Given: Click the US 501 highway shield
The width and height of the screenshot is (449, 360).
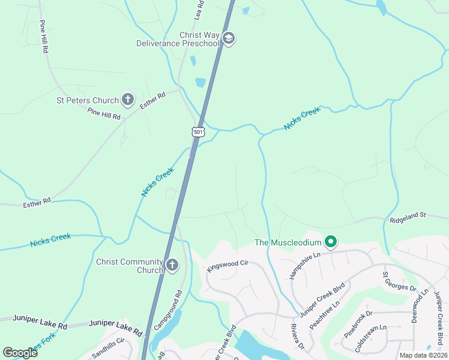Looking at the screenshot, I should (x=199, y=131).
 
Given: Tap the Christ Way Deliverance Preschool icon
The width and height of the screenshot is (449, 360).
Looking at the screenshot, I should (x=228, y=39).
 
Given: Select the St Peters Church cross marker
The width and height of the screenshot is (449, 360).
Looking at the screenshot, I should (x=127, y=99).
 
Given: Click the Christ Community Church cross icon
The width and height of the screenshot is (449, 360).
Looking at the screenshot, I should (x=172, y=265).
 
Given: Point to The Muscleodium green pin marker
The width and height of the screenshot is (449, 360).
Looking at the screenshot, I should (x=330, y=242).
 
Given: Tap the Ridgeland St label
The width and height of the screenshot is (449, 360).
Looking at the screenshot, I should (x=407, y=214).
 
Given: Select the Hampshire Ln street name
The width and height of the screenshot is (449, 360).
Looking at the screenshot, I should (x=305, y=263).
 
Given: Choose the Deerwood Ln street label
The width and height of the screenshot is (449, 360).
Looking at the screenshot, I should (x=419, y=305).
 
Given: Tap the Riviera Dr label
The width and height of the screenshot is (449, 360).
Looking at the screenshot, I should (x=298, y=337).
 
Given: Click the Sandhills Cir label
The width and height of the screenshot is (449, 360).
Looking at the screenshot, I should (x=108, y=347).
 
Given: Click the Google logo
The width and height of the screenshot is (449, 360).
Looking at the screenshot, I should (x=20, y=352).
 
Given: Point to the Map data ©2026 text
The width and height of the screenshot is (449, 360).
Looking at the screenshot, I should (x=423, y=355).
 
